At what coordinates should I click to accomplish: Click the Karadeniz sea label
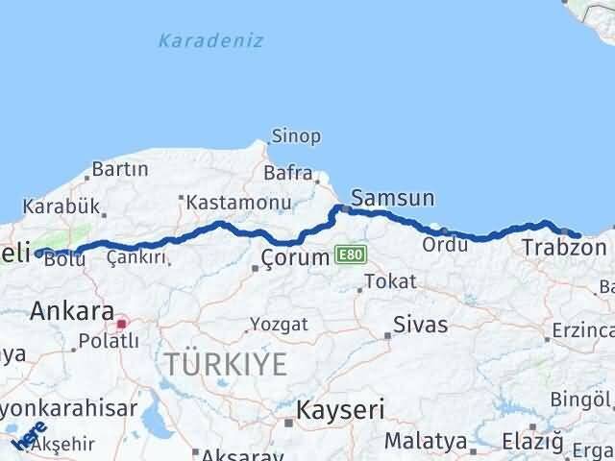[210, 40]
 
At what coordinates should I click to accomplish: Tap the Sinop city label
[296, 136]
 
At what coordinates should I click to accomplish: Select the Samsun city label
[392, 199]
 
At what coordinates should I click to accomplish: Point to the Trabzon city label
[564, 248]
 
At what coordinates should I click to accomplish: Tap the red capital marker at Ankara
[121, 323]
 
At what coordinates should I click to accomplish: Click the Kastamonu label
[238, 203]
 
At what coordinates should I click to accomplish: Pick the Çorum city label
[296, 257]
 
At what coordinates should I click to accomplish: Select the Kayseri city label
[340, 410]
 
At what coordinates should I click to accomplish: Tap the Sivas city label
[421, 325]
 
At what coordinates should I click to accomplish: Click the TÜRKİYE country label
[225, 365]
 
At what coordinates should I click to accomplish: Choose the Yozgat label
[279, 325]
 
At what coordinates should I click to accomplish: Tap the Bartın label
[119, 170]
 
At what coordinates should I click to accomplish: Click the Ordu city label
[443, 245]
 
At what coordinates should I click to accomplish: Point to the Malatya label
[426, 442]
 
